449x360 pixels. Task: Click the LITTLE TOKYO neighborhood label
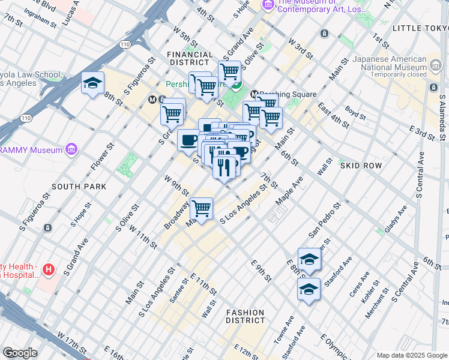coord(420,28)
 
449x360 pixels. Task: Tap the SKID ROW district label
coord(358,164)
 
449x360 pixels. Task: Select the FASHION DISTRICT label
coord(246,316)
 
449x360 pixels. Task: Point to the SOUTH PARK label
coord(79,187)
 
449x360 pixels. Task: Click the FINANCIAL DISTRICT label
coord(190,59)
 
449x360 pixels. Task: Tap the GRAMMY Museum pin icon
coord(71,148)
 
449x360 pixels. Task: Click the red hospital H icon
coord(49,271)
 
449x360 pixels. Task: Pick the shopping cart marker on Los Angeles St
coord(202,209)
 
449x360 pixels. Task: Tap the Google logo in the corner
coord(20,352)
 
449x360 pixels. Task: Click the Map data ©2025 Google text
coord(412,355)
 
